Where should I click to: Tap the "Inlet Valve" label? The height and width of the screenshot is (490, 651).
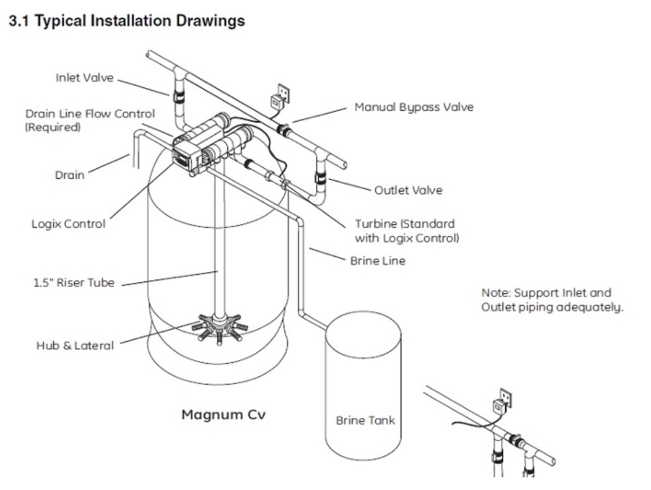85,78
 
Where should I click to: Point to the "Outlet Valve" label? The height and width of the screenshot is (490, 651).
408,190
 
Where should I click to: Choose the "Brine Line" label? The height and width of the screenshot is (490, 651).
377,260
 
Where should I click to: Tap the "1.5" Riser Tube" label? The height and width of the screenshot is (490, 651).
75,283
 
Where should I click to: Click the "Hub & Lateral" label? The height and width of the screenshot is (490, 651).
75,345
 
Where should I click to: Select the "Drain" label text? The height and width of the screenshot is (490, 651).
69,175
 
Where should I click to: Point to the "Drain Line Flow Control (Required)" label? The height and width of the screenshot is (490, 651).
89,120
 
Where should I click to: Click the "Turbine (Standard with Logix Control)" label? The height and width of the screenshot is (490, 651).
404,231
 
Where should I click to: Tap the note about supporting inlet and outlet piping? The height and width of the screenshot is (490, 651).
553,300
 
